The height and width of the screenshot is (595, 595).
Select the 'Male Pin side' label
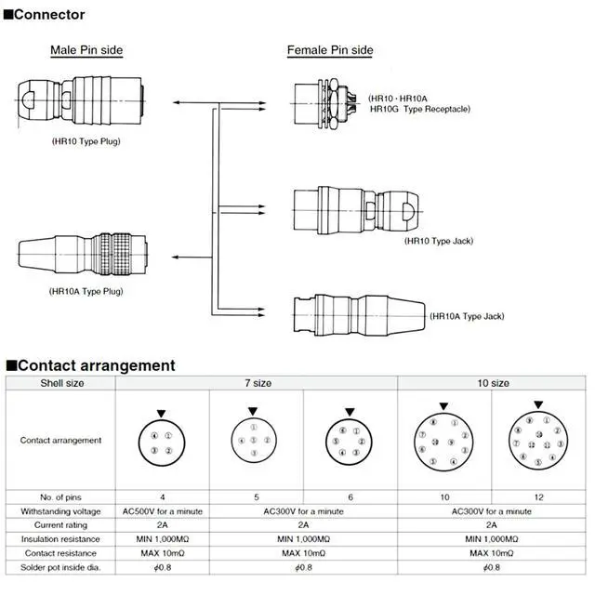[x=86, y=50]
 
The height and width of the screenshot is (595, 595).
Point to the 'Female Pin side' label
[x=330, y=50]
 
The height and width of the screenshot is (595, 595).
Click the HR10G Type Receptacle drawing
[x=327, y=99]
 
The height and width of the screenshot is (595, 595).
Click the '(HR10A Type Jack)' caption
[x=467, y=316]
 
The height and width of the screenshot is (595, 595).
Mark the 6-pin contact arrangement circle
[x=350, y=443]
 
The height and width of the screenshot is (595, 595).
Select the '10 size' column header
[x=493, y=383]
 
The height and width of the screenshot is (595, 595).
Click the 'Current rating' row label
[x=60, y=525]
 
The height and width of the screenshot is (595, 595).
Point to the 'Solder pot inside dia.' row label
[x=60, y=567]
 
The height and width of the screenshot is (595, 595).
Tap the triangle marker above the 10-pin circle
[x=443, y=406]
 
